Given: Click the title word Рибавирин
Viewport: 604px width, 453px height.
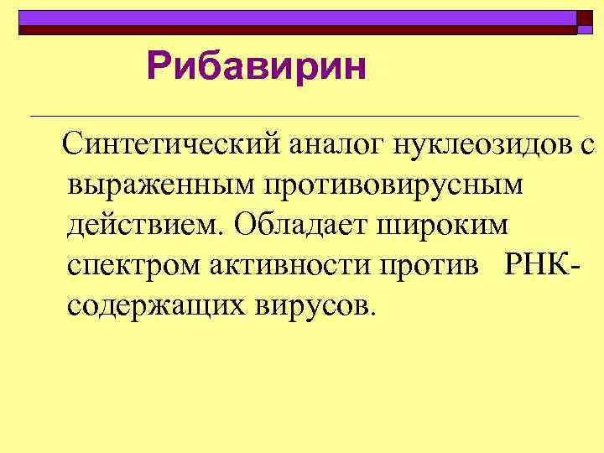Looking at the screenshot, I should (256, 68).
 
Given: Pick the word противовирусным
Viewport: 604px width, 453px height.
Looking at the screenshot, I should (393, 186).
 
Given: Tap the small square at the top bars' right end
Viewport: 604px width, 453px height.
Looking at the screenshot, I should (585, 19).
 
